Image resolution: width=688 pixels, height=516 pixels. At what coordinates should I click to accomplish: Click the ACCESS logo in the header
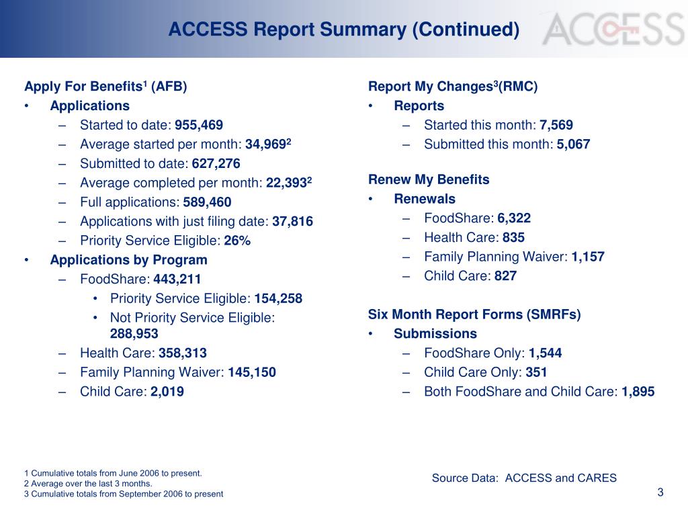tap(613, 30)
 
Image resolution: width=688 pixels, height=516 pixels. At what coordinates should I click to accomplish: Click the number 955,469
tap(199, 125)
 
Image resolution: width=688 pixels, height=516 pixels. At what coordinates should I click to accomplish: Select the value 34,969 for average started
tap(266, 144)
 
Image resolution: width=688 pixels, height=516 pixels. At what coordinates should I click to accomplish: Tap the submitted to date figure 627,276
tap(216, 164)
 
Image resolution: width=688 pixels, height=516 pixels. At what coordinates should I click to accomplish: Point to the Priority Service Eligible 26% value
tap(237, 241)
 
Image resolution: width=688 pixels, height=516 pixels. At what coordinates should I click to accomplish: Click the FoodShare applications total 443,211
tap(177, 279)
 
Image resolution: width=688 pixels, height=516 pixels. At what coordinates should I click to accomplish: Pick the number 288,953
tap(134, 334)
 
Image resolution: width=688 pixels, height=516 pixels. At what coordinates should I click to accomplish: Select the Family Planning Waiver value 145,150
tap(252, 372)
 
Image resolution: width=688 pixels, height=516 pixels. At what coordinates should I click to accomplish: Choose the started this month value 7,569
tap(556, 125)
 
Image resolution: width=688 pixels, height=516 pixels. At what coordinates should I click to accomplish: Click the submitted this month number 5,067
tap(574, 144)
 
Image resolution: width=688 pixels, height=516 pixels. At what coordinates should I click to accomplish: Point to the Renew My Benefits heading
tap(429, 180)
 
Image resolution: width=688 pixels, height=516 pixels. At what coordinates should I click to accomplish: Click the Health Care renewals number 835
tap(513, 237)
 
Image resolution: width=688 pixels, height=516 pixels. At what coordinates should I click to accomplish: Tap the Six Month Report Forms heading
tap(474, 314)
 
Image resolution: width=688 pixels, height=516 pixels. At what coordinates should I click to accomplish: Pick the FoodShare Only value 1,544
tap(545, 353)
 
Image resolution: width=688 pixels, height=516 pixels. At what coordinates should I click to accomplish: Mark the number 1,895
tap(638, 392)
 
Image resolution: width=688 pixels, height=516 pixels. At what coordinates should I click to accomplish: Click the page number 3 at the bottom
tap(660, 492)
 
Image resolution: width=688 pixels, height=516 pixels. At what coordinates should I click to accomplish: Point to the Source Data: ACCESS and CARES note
tap(524, 478)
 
